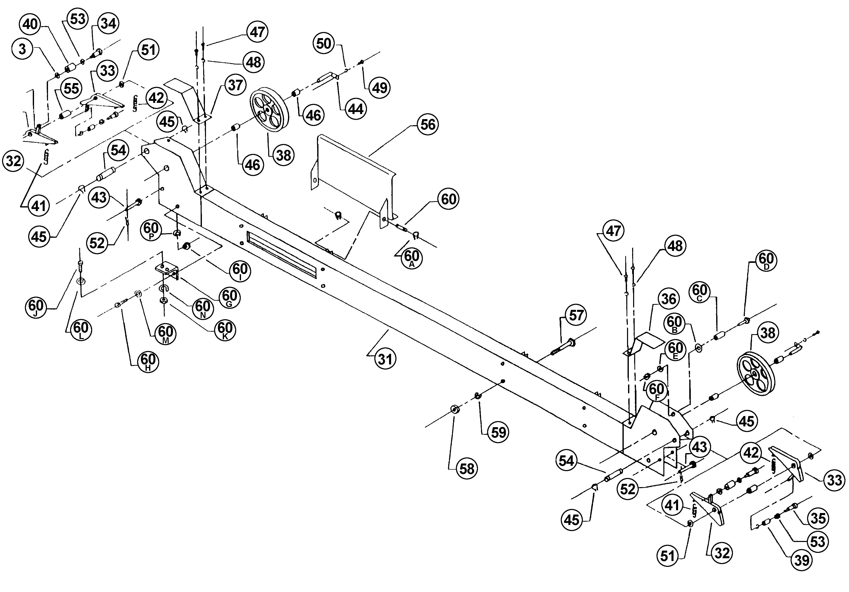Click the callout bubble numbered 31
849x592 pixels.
click(x=385, y=359)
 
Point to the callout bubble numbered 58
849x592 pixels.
click(x=467, y=469)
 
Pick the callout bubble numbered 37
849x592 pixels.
click(x=235, y=85)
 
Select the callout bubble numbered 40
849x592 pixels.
click(x=30, y=24)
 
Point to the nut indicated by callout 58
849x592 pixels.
click(x=454, y=410)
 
